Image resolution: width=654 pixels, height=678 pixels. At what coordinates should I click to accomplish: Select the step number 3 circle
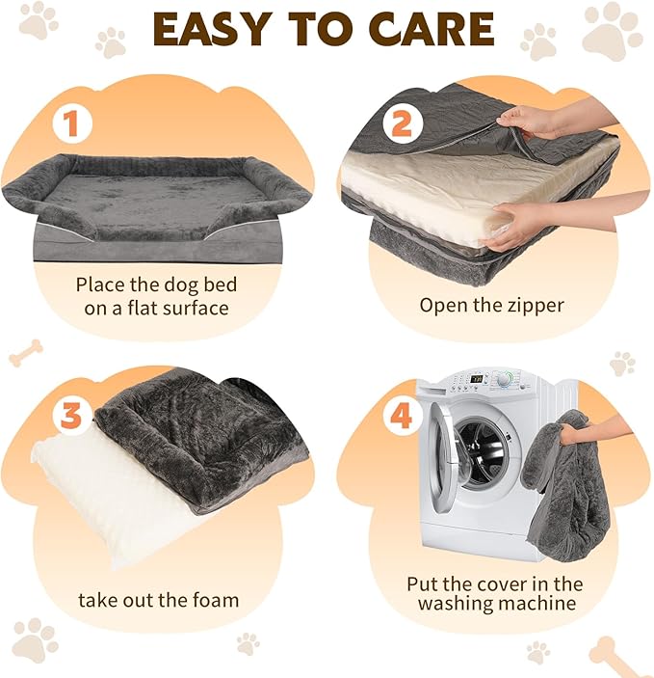[71, 415]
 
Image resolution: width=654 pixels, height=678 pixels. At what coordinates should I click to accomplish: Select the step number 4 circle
[401, 416]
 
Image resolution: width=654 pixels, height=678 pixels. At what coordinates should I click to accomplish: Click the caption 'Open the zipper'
[491, 305]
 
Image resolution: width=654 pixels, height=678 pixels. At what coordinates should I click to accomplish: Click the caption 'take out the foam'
[158, 600]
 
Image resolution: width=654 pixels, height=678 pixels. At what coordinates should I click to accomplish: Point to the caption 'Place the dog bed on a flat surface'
[156, 296]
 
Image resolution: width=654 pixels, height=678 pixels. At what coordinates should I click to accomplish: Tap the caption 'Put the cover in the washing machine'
[495, 593]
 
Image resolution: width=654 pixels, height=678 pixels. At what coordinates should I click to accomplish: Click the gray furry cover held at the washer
[568, 492]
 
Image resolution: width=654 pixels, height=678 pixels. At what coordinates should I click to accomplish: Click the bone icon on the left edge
[25, 353]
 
